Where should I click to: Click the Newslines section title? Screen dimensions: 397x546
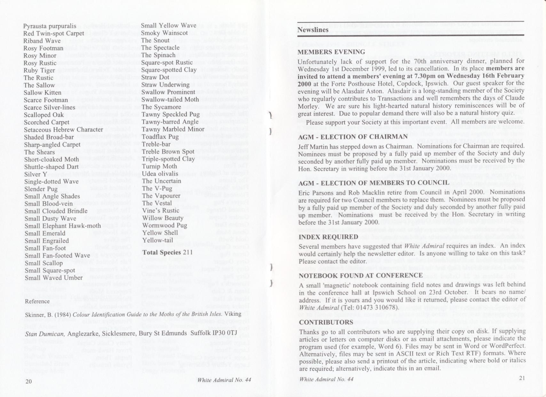(313, 30)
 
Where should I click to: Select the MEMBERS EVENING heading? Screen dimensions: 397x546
(331, 52)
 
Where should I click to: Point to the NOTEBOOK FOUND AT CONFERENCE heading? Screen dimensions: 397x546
(360, 276)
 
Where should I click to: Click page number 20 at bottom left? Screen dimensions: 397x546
(28, 381)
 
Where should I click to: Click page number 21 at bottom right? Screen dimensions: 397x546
(522, 378)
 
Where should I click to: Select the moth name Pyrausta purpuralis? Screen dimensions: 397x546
(50, 26)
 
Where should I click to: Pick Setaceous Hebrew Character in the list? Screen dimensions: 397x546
(64, 130)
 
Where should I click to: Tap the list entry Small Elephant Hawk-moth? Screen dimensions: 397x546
(63, 226)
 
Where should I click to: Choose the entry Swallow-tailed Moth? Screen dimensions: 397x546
(166, 100)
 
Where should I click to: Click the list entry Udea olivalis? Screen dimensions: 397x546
(160, 174)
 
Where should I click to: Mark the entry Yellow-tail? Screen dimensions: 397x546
(157, 240)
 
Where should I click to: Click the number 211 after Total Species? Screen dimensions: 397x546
(187, 252)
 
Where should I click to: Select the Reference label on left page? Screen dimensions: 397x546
(37, 301)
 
